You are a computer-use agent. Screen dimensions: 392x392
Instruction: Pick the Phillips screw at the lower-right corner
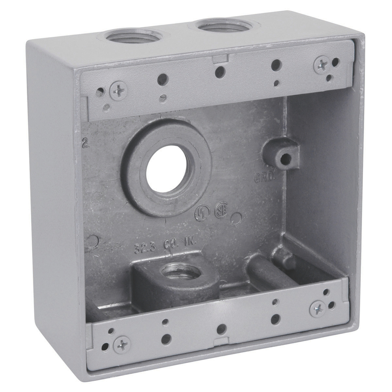click(x=317, y=309)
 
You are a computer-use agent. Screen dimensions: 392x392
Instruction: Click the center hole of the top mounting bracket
click(x=221, y=72)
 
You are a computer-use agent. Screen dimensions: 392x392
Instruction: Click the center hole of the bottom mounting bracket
click(x=221, y=329)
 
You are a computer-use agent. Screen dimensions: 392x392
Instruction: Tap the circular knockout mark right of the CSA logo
click(x=236, y=219)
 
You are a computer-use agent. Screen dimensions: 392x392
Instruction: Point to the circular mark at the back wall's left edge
click(x=92, y=241)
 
